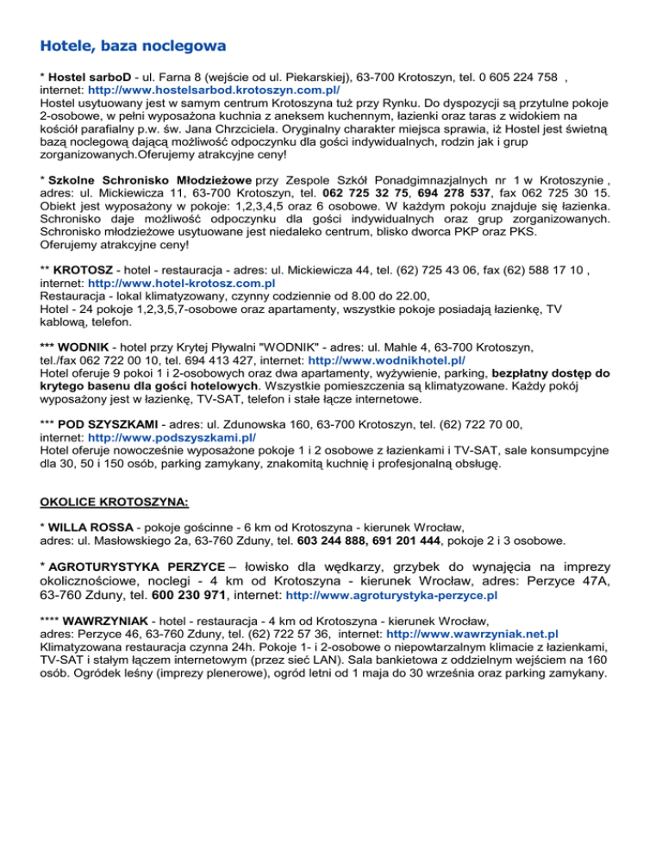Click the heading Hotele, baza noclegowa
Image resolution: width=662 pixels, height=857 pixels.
tap(133, 42)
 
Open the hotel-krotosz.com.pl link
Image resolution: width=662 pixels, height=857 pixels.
tap(182, 282)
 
